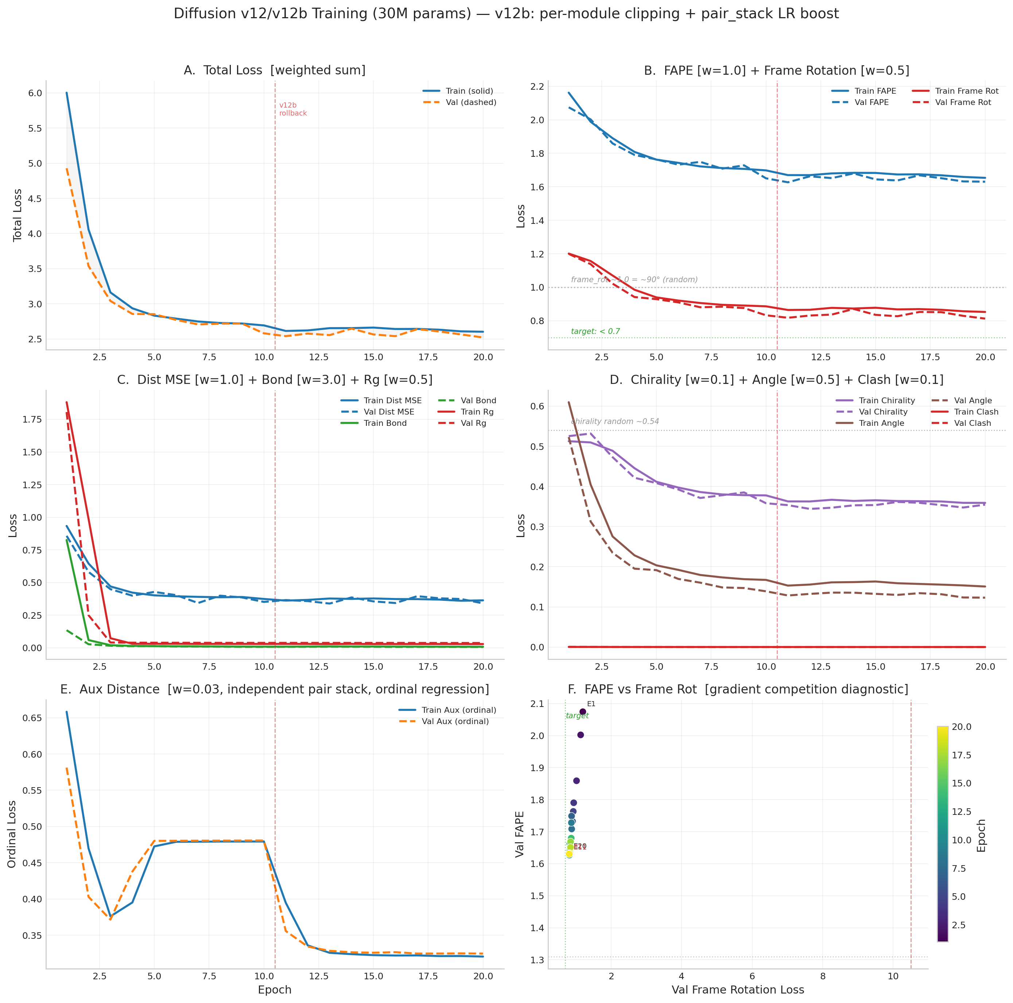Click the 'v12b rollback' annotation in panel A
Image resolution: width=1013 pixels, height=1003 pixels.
coord(292,109)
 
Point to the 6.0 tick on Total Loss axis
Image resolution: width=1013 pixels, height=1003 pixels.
coord(35,93)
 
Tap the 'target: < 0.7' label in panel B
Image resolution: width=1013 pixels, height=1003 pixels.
coord(595,331)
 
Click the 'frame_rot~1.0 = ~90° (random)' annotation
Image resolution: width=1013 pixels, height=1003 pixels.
coord(634,279)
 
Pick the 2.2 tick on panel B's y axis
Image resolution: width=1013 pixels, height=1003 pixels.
coord(537,86)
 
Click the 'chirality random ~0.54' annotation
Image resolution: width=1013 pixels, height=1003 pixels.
coord(614,421)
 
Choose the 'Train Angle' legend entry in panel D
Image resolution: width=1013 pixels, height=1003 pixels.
coord(881,423)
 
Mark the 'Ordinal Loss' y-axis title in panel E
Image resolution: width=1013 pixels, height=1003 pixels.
coord(12,834)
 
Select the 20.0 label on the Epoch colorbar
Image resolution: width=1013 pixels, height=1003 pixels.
coord(961,727)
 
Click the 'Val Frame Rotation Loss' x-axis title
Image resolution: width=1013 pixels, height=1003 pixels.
coord(737,990)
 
